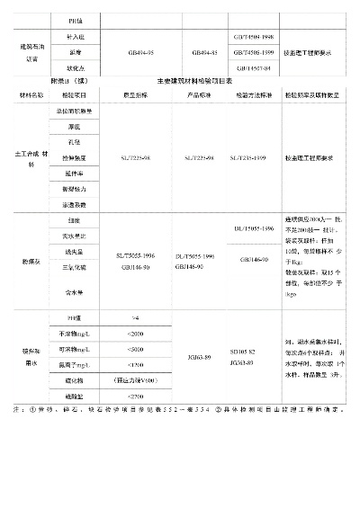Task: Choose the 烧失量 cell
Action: tap(74, 251)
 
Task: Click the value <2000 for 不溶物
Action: tap(136, 334)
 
